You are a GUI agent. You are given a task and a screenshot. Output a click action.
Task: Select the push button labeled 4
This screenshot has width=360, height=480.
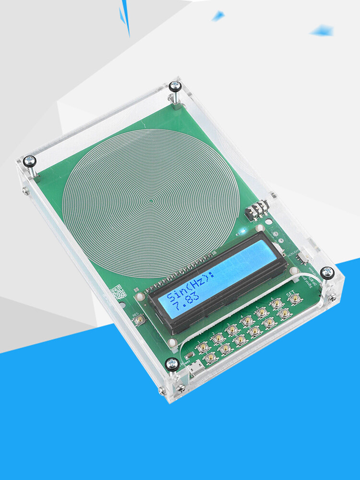tap(247, 319)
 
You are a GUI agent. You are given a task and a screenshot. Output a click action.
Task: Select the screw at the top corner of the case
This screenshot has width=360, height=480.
tap(175, 86)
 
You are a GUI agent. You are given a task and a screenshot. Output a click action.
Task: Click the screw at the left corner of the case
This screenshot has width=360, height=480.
tap(30, 160)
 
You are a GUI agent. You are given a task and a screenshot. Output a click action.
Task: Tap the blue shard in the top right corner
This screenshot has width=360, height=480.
tap(322, 31)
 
